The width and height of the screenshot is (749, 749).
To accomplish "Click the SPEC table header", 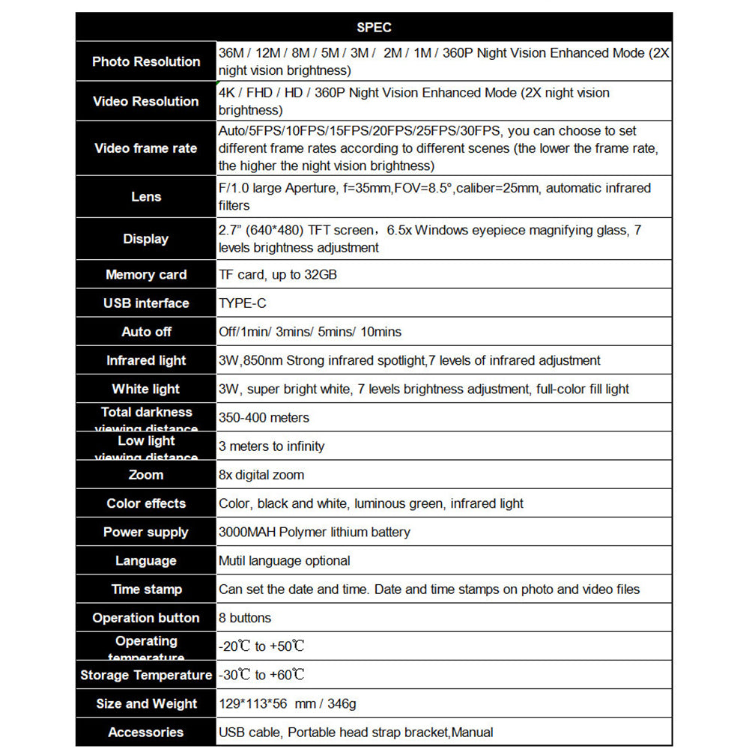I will click(374, 28).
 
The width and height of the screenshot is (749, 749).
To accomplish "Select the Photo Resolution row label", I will click(146, 61).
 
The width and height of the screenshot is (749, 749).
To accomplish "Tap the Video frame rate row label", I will click(146, 148).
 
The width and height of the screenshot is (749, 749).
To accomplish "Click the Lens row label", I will click(146, 196).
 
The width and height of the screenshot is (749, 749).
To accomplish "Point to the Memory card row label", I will click(146, 275).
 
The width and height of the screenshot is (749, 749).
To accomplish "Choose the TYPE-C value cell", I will click(243, 303).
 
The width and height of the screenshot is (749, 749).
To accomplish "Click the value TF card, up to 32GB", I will click(278, 275).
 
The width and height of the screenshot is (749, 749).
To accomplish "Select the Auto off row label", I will click(146, 332).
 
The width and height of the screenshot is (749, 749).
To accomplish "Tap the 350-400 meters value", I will click(264, 418).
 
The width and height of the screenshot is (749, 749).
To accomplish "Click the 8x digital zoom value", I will click(261, 475).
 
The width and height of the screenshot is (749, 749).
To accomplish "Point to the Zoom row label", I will click(146, 475).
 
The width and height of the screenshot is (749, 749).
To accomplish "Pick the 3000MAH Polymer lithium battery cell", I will click(315, 533).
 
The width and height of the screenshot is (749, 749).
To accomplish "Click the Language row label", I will click(146, 561).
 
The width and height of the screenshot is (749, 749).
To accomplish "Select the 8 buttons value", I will click(245, 618).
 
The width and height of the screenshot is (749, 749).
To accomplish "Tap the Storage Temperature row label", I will click(146, 676).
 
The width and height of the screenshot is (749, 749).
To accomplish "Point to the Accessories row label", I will click(146, 733).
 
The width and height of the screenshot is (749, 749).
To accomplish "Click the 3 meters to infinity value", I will click(272, 446).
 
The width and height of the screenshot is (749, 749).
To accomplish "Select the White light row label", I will click(146, 389).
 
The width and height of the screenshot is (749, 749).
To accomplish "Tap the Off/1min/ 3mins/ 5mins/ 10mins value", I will click(310, 332).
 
